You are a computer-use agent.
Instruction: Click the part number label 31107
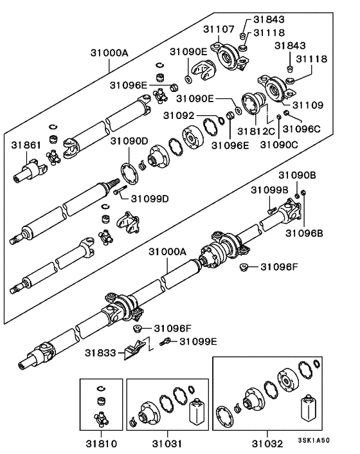click(218, 29)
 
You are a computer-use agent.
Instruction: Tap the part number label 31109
click(309, 104)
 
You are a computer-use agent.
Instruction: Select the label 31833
click(100, 352)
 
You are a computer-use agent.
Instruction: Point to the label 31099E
click(198, 341)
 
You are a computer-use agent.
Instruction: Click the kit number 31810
click(102, 444)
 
